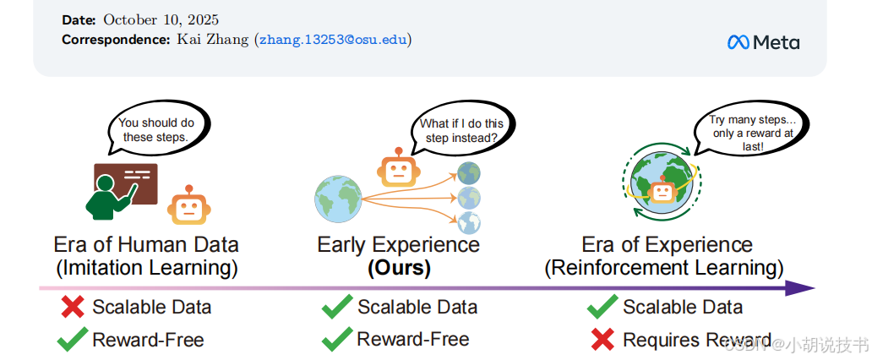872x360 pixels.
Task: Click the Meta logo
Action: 763,42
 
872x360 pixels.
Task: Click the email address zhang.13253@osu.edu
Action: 333,39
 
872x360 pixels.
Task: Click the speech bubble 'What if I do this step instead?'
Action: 461,130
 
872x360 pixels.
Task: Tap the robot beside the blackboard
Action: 188,205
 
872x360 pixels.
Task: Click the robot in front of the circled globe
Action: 663,191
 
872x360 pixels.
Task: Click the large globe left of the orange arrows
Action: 338,199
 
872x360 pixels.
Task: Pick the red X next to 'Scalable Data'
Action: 73,307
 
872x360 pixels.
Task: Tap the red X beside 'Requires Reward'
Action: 602,340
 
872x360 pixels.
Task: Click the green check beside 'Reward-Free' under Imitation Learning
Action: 73,340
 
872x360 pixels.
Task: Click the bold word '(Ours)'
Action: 398,268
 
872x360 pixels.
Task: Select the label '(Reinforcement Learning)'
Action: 664,268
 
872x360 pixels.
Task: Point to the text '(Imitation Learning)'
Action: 146,268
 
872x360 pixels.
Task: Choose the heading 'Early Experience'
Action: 398,245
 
